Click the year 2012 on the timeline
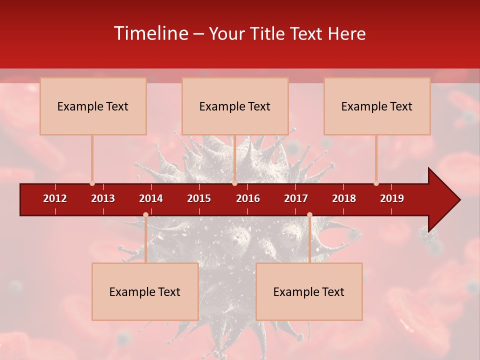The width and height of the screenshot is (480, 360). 55,198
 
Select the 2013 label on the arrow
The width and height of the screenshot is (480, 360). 103,198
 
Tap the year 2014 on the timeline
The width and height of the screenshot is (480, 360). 151,198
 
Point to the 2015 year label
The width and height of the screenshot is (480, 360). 199,198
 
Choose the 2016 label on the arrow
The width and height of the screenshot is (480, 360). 248,198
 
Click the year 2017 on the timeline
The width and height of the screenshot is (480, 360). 296,198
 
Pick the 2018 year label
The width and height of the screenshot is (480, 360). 344,198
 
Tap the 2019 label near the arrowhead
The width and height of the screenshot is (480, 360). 392,198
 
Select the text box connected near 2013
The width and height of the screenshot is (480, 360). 93,106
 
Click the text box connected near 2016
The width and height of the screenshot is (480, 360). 235,106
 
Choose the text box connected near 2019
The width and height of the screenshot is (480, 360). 377,106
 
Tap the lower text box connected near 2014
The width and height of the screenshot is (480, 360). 145,291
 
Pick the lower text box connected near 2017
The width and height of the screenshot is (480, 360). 309,291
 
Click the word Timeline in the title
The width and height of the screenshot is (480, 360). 150,33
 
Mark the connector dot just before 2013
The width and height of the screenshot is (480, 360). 92,183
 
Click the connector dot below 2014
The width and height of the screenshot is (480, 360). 145,215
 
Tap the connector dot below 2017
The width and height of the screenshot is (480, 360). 309,215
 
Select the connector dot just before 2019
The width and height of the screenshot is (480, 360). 376,183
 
